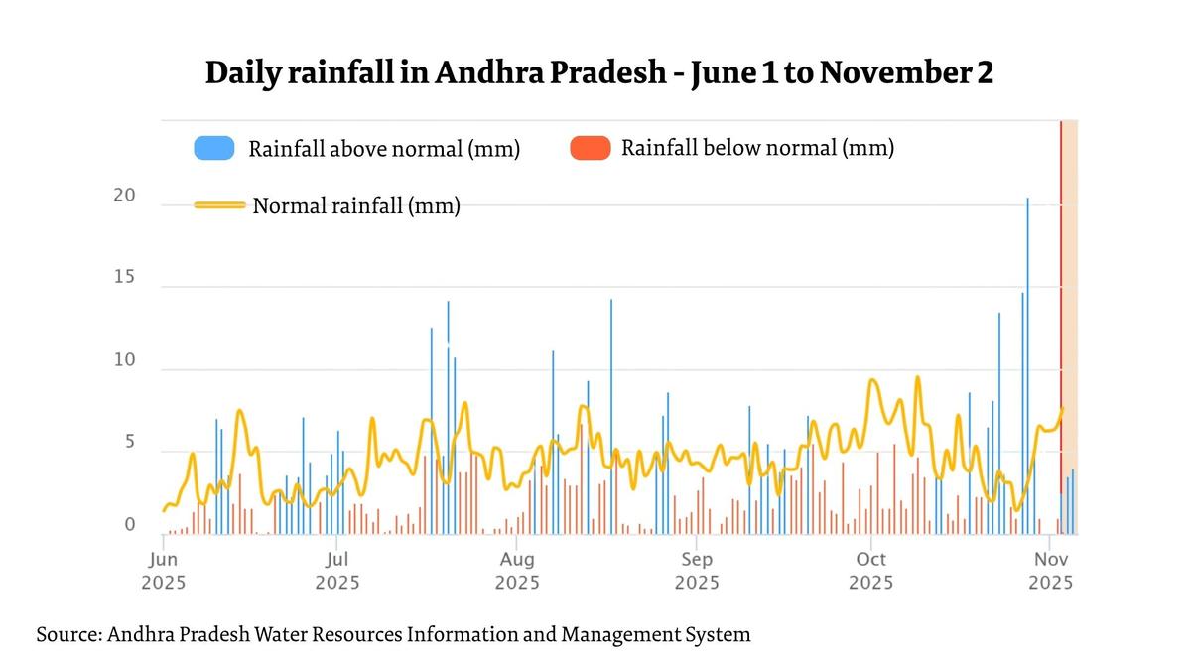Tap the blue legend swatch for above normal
coord(214,149)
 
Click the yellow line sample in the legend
coord(219,205)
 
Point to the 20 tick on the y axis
coord(124,196)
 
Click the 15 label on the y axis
coord(124,278)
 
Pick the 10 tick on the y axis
coord(124,360)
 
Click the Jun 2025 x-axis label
coord(163,571)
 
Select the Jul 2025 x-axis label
coord(336,571)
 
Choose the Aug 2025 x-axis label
coord(517,571)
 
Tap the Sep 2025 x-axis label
coord(697,571)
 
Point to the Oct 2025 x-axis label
coord(870,571)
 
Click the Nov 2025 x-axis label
coord(1050,571)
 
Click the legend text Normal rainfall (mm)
coord(356,206)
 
